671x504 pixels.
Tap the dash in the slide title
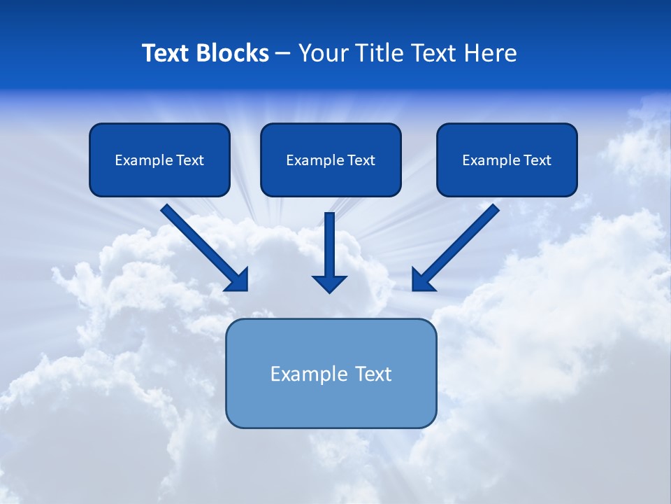[x=283, y=54]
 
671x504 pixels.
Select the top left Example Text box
[x=159, y=160]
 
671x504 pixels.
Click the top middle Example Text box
[x=331, y=160]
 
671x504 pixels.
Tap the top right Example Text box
[x=507, y=160]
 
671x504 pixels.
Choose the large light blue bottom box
[x=331, y=373]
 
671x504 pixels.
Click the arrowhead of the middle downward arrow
[x=329, y=283]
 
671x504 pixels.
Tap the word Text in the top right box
[x=537, y=160]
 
